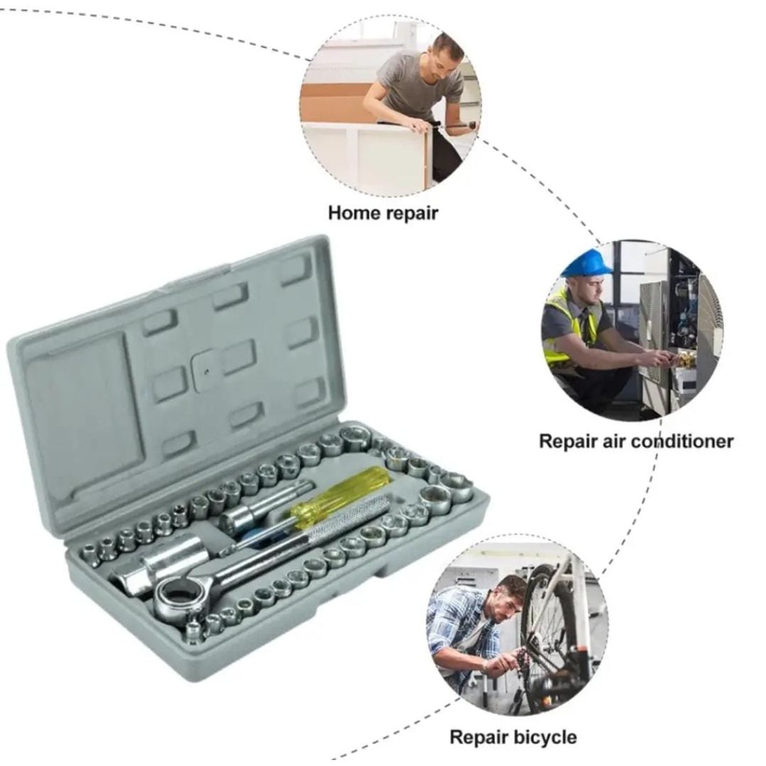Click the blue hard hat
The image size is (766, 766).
587,263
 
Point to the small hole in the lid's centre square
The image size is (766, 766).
206,372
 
